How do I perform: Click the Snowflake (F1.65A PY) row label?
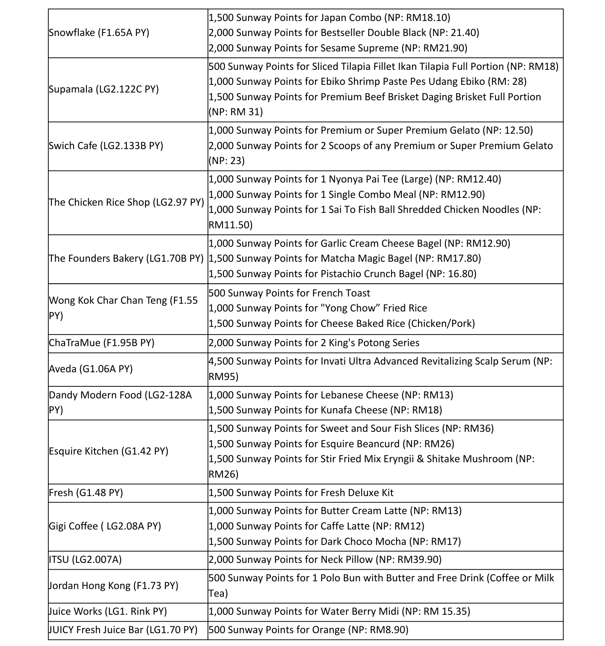tap(99, 33)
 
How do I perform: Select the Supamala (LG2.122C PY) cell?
tap(104, 90)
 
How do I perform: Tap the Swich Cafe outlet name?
tap(106, 146)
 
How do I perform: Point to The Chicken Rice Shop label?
tap(127, 202)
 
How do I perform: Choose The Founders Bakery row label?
tap(126, 258)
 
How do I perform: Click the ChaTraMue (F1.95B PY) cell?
tap(102, 343)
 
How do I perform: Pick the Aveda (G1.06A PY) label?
tap(91, 369)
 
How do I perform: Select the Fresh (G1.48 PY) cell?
tap(86, 493)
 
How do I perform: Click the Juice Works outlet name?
tap(108, 611)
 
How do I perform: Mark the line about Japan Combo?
tap(329, 18)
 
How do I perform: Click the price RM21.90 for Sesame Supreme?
tap(445, 48)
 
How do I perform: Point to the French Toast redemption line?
tap(290, 293)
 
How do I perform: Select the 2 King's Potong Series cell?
tap(314, 343)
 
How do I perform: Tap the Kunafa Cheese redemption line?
tap(325, 410)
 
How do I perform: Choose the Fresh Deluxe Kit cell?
tap(301, 493)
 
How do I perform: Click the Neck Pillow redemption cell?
tap(325, 559)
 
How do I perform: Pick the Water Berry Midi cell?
tap(339, 611)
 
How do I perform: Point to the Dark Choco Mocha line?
tap(335, 541)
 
